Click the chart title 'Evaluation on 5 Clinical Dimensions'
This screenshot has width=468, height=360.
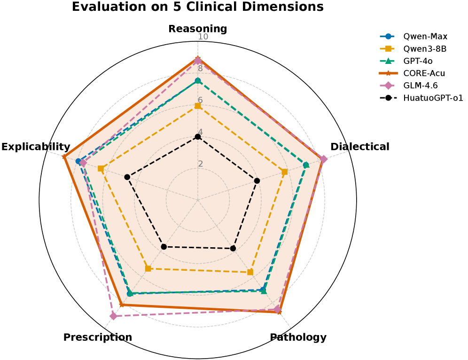pos(197,7)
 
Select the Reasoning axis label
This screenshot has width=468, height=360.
pos(197,29)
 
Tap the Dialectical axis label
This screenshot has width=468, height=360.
pos(359,147)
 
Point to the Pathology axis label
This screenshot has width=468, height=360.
pos(298,337)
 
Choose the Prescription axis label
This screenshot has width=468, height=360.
pos(98,337)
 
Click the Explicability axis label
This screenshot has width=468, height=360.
pos(36,147)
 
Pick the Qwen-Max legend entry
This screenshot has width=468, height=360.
pos(425,36)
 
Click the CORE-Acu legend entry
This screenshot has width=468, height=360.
pos(424,73)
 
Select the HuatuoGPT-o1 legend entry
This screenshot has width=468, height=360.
pos(433,98)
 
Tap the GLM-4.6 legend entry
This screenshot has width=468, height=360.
pos(423,86)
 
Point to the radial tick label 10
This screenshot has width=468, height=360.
pos(203,37)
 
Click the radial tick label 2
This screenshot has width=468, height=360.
pos(200,164)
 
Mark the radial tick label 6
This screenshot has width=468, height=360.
pos(200,100)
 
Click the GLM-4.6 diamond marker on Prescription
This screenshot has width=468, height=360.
pos(113,316)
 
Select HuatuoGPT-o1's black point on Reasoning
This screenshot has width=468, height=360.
pos(198,137)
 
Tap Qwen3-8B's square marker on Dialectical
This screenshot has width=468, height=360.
pos(285,172)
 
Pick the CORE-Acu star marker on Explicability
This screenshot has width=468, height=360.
pos(65,157)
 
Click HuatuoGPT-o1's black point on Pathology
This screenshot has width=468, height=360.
pos(233,248)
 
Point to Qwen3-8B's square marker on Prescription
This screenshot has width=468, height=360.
pos(148,268)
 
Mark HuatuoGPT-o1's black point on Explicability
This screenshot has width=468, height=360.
pos(127,177)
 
